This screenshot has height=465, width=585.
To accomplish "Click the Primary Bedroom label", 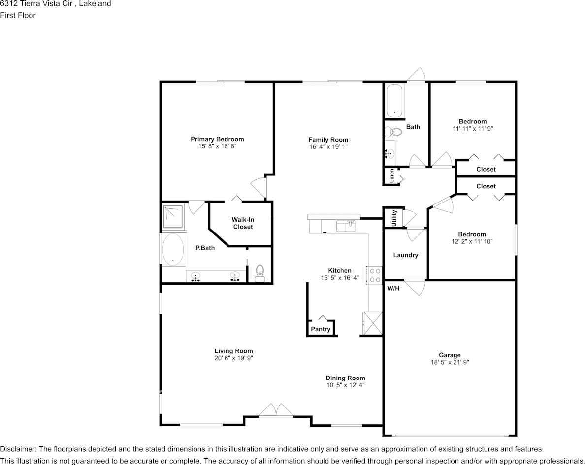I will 217,139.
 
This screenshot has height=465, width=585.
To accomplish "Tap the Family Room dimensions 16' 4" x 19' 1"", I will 328,146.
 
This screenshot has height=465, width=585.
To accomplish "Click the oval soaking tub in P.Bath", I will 173,250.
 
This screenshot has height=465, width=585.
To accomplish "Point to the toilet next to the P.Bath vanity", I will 260,273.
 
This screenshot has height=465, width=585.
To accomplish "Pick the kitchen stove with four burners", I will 374,275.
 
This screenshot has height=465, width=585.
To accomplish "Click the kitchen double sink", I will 346,226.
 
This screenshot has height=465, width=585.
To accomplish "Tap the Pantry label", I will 321,329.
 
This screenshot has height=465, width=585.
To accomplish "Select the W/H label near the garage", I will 393,288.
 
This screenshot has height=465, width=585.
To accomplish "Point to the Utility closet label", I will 394,218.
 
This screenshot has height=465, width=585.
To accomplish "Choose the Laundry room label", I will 406,255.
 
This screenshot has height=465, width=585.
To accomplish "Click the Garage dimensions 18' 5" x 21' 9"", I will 450,362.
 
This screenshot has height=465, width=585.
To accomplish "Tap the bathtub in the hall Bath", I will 394,101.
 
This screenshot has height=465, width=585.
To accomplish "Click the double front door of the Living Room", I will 276,411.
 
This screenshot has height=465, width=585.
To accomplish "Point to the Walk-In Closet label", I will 243,223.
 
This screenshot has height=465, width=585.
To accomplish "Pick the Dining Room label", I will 345,378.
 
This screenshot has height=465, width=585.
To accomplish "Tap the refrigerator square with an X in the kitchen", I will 372,322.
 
